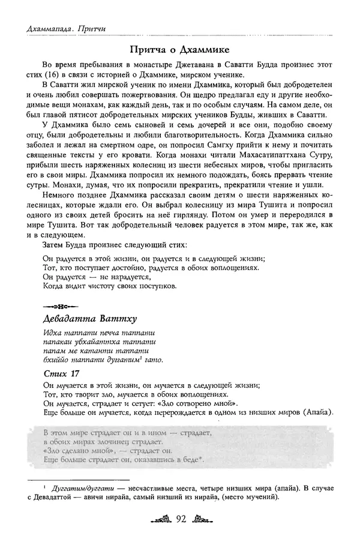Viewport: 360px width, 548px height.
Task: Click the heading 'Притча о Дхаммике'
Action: [180, 48]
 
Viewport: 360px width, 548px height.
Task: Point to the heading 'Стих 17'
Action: [61, 374]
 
